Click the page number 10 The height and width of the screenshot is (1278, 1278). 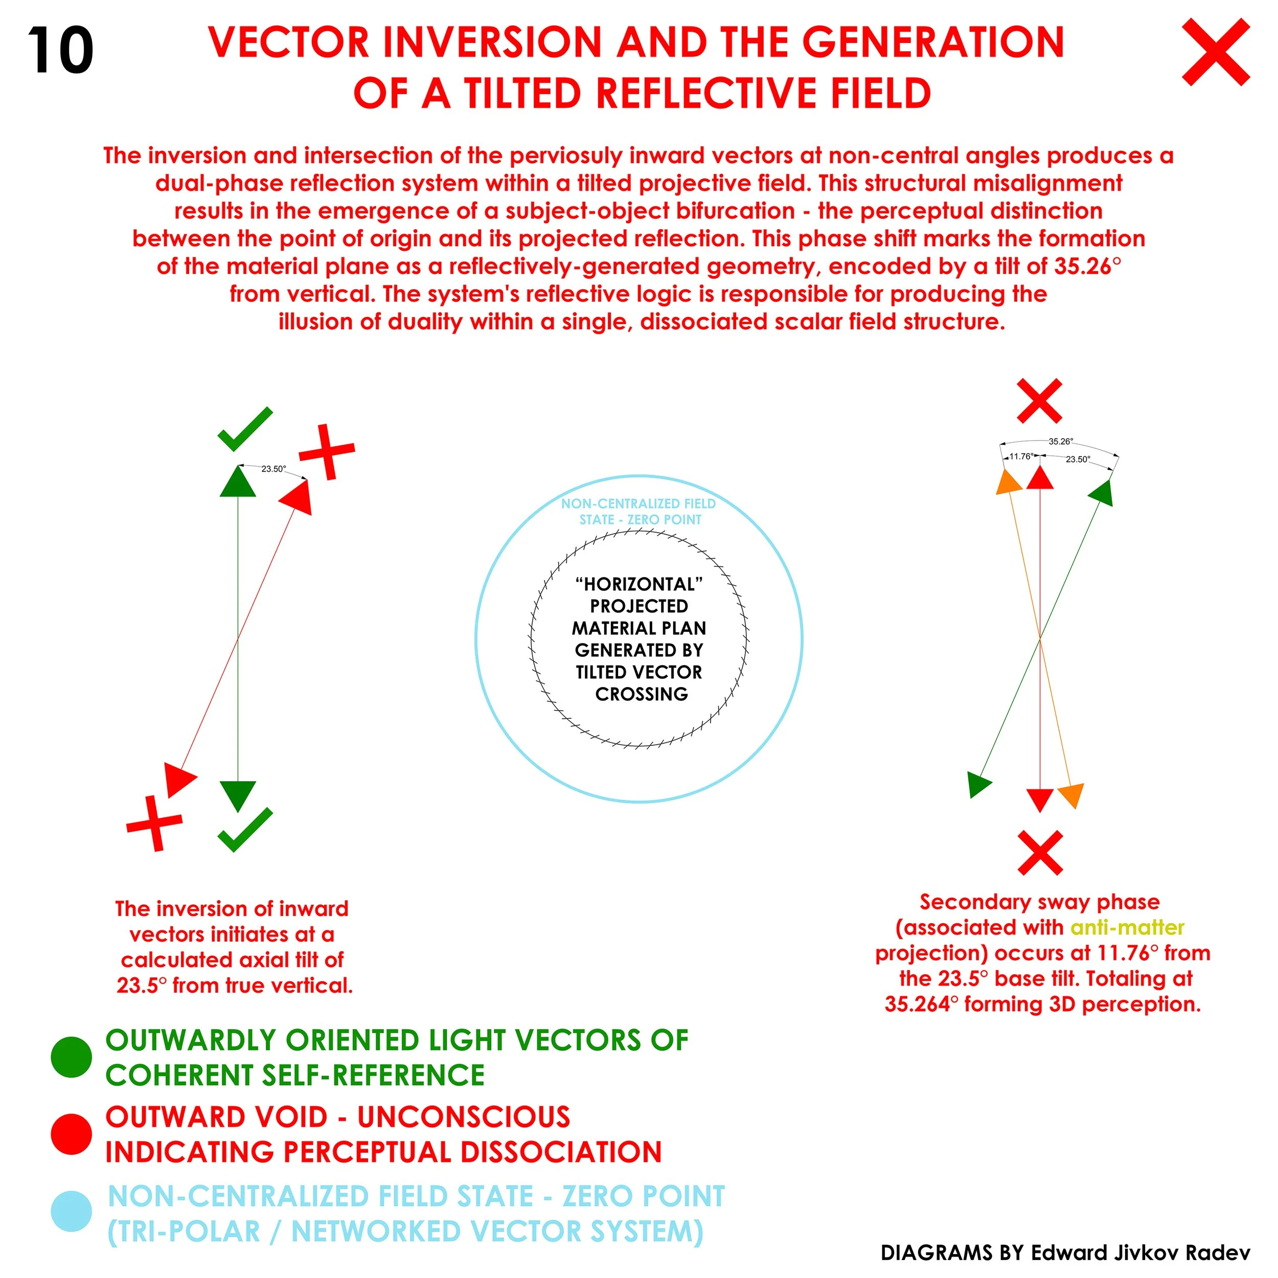coord(60,51)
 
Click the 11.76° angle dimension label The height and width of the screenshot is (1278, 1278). coord(1021,457)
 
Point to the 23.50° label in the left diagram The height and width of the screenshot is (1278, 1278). coord(273,469)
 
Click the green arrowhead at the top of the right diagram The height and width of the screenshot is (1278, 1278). coord(1102,493)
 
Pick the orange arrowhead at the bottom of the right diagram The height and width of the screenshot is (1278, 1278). coord(1071,794)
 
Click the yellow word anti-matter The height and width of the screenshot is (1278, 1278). coord(1127,928)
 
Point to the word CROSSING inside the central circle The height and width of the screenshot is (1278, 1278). coord(641,694)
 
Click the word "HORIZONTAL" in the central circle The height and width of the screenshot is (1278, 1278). coord(639,584)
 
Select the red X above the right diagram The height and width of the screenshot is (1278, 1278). coord(1039,401)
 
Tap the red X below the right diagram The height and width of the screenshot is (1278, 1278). coord(1040,853)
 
